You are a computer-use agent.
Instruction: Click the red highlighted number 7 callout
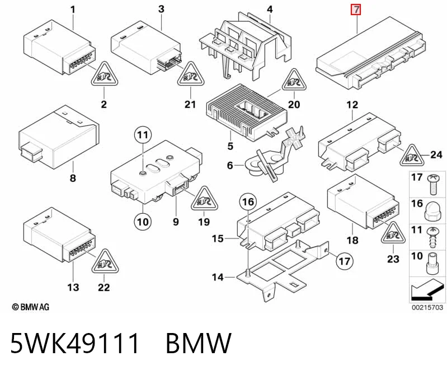click(356, 10)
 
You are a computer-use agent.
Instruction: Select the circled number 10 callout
click(143, 222)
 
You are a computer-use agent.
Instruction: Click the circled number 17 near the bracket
click(345, 261)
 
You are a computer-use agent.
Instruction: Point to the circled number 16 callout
click(248, 201)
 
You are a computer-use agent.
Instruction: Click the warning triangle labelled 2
click(105, 74)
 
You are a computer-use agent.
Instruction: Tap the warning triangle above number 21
click(191, 74)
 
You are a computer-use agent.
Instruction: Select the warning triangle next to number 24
click(412, 156)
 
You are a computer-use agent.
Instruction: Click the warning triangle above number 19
click(204, 199)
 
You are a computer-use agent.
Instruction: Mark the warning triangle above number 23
click(393, 232)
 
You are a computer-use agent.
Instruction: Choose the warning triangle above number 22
click(105, 262)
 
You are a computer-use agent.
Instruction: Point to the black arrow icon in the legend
click(426, 292)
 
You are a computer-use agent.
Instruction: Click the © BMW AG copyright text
click(31, 307)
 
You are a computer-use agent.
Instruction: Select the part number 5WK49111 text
click(75, 343)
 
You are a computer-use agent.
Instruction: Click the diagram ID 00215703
click(427, 307)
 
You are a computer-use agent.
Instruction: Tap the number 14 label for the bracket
click(218, 277)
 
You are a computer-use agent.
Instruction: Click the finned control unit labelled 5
click(246, 112)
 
